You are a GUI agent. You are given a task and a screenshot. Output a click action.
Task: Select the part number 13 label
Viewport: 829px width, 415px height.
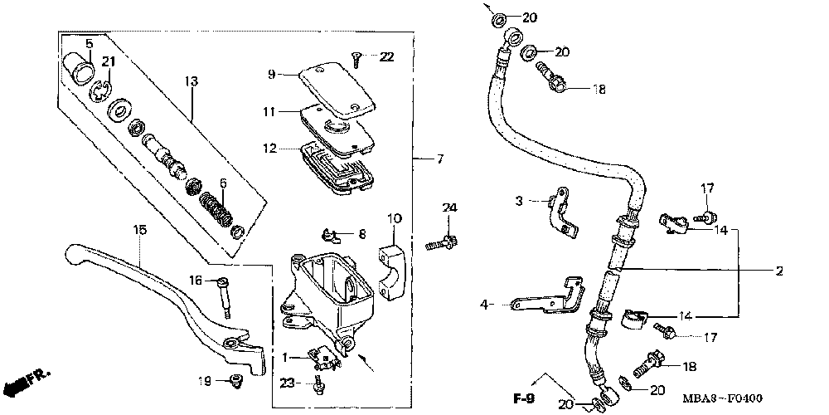click(x=191, y=81)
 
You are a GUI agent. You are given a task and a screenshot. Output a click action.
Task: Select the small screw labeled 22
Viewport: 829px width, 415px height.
click(x=356, y=58)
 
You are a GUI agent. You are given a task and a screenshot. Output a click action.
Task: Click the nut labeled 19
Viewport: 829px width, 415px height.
click(x=235, y=381)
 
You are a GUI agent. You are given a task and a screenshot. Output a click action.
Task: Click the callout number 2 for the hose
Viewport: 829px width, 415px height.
click(x=779, y=271)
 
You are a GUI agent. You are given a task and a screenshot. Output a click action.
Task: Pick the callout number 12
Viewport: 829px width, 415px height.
click(x=269, y=149)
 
